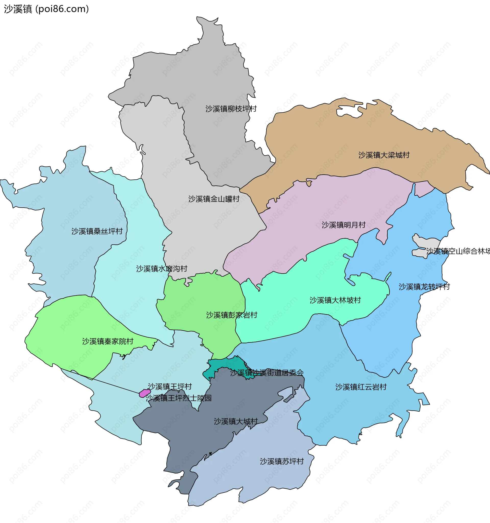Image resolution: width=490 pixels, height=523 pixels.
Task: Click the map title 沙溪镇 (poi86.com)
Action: pyautogui.click(x=46, y=9)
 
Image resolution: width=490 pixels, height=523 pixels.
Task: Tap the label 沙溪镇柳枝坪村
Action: pyautogui.click(x=231, y=109)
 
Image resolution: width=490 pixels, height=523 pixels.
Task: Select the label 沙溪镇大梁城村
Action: pyautogui.click(x=384, y=155)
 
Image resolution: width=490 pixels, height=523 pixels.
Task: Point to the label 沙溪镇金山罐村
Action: pyautogui.click(x=214, y=199)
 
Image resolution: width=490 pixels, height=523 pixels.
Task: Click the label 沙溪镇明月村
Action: pyautogui.click(x=344, y=225)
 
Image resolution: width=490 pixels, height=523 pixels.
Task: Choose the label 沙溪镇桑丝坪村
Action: pyautogui.click(x=97, y=231)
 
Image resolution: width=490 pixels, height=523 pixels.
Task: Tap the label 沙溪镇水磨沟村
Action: pyautogui.click(x=162, y=269)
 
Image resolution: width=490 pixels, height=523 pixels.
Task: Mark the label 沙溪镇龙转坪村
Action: pyautogui.click(x=424, y=287)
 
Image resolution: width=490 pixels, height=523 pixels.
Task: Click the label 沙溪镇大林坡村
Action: pyautogui.click(x=335, y=300)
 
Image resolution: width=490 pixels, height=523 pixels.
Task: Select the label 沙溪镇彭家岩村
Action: pyautogui.click(x=231, y=315)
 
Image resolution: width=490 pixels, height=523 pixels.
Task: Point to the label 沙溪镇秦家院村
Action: pyautogui.click(x=108, y=341)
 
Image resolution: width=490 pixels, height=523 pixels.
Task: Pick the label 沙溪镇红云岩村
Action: pyautogui.click(x=361, y=387)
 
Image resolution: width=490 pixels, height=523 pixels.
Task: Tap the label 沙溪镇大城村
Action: pyautogui.click(x=236, y=421)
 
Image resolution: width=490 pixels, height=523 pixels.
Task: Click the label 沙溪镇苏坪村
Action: pyautogui.click(x=282, y=461)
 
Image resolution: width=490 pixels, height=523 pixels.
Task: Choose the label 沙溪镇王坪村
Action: pyautogui.click(x=170, y=386)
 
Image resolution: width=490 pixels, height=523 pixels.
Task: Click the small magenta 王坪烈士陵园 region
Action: pyautogui.click(x=145, y=393)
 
